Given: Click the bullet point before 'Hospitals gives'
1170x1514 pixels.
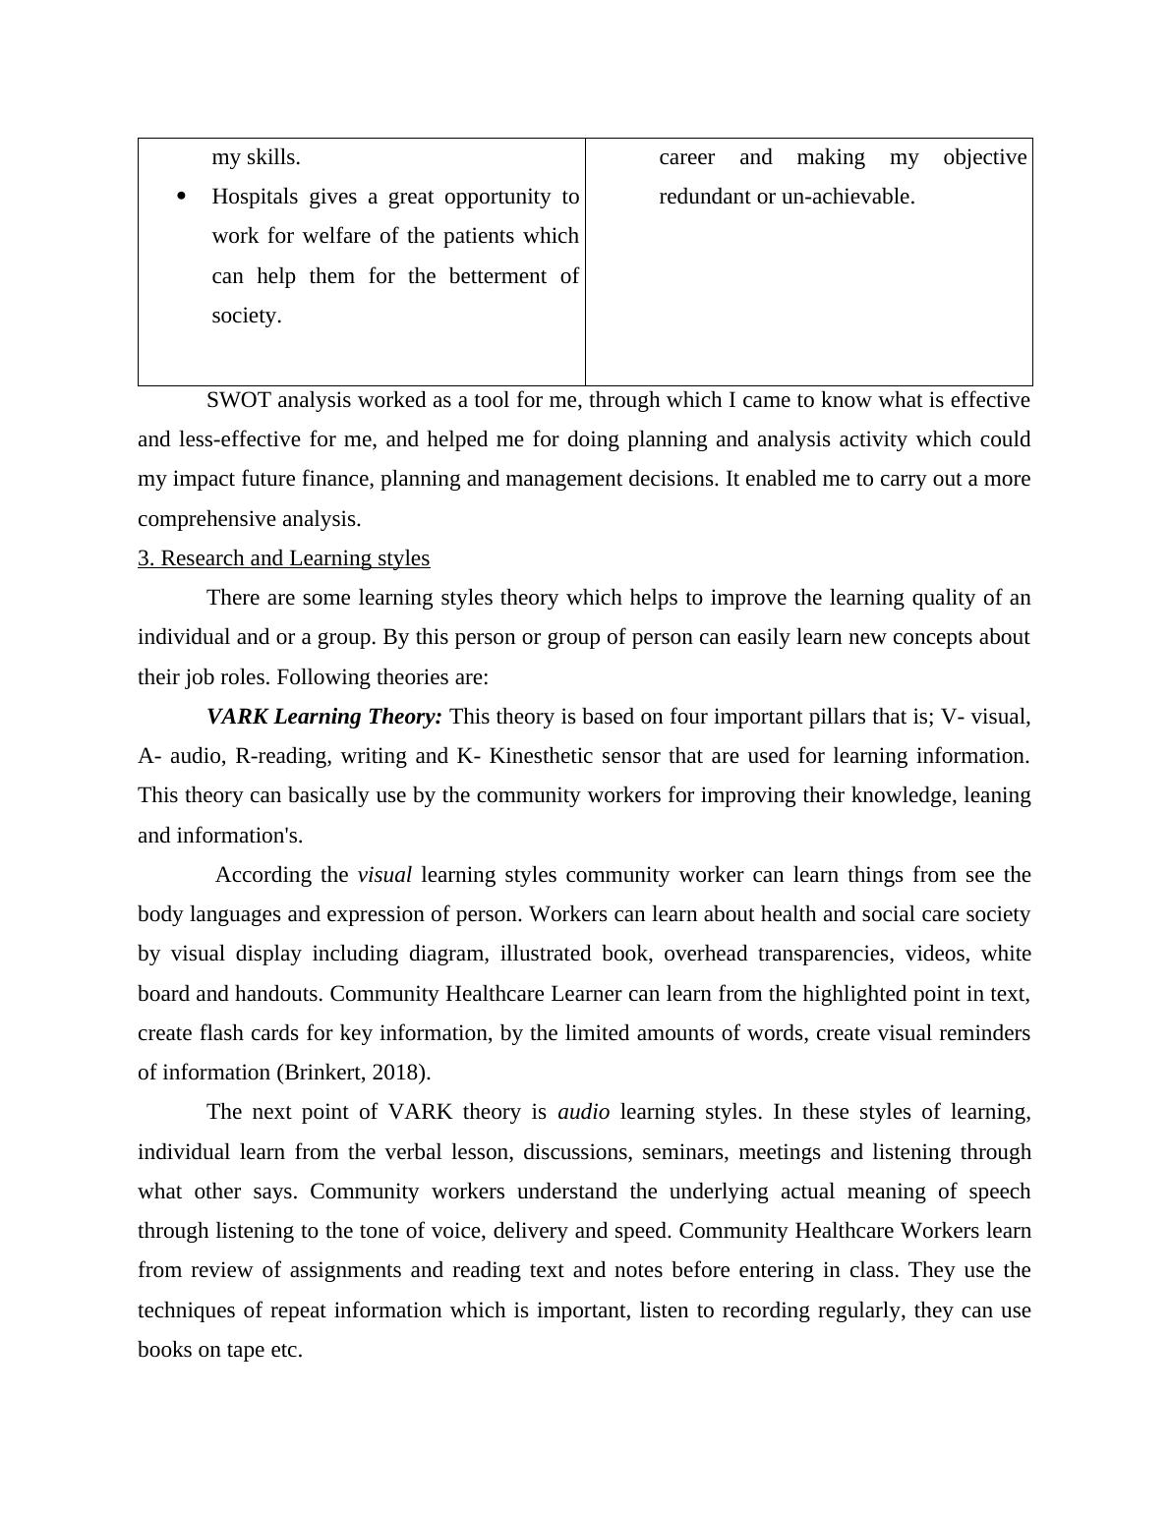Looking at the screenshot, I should [180, 197].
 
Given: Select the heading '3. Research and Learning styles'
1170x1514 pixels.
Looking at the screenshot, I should [283, 558].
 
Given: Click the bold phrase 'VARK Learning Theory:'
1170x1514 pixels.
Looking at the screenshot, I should [324, 717].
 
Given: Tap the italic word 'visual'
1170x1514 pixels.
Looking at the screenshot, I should [384, 875].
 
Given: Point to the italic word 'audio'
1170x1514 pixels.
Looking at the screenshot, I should [583, 1112].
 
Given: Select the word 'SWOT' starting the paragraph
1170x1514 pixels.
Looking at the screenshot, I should [239, 400].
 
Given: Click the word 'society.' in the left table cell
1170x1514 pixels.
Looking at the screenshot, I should [247, 316].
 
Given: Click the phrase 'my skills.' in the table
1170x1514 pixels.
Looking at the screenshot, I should [257, 157].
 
